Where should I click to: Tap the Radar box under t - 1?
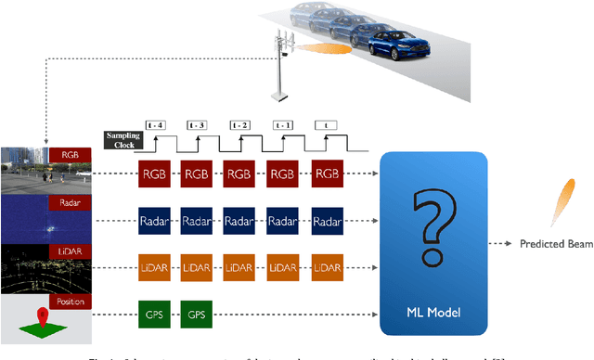tap(282, 220)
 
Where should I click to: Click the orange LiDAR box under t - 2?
tap(240, 267)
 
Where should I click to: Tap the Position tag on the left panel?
tap(74, 302)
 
